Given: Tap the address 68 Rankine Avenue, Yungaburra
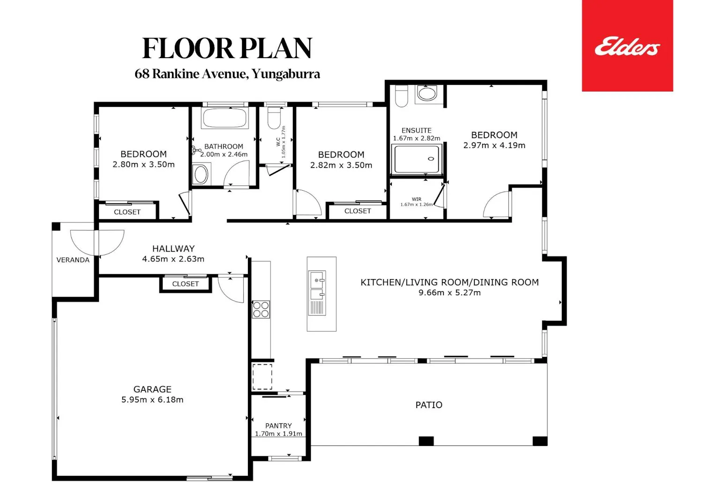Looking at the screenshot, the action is (x=227, y=74).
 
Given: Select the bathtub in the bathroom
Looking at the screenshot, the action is (x=224, y=118).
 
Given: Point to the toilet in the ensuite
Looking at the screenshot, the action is (x=401, y=96).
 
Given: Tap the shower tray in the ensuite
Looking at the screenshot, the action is (x=417, y=159).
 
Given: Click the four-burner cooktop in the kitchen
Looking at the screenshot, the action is (x=261, y=309).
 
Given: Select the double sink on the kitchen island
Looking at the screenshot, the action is (x=317, y=293).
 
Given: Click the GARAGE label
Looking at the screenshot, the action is (x=152, y=389).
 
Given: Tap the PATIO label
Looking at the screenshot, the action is (x=429, y=405).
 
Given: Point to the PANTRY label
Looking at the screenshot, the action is (x=278, y=426).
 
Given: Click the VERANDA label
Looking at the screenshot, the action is (x=73, y=260).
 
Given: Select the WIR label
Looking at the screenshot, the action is (x=417, y=199).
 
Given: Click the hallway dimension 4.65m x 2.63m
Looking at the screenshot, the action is (x=173, y=259).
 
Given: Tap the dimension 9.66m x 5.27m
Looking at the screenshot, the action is (x=449, y=292).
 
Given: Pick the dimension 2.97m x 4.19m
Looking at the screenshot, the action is (x=494, y=145).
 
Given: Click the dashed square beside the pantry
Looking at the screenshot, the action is (x=262, y=377).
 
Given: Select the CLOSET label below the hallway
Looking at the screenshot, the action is (x=186, y=284).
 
